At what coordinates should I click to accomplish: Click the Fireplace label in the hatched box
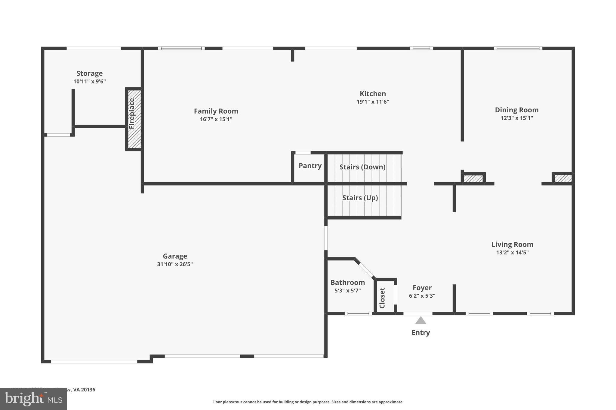(x=132, y=114)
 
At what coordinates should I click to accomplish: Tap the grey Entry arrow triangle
(x=420, y=320)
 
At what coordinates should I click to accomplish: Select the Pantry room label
(x=310, y=166)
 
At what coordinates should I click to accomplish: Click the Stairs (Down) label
(x=362, y=167)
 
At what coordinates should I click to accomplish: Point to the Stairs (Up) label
(x=360, y=198)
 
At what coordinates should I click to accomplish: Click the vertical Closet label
(x=382, y=298)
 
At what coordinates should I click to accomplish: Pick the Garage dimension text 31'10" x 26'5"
(x=175, y=264)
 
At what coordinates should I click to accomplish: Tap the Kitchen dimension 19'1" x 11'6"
(x=373, y=102)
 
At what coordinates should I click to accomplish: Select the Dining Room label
(x=516, y=110)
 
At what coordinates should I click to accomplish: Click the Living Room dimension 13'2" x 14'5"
(x=512, y=253)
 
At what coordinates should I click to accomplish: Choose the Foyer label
(x=422, y=288)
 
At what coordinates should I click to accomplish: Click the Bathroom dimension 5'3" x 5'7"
(x=347, y=290)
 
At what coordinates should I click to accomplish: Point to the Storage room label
(x=89, y=73)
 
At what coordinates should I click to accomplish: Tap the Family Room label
(x=216, y=111)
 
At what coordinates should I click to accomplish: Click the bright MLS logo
(x=33, y=399)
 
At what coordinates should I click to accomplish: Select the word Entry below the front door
(x=420, y=333)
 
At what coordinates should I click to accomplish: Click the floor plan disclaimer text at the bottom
(x=308, y=402)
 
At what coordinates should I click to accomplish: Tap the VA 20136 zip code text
(x=84, y=390)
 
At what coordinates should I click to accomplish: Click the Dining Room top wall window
(x=518, y=48)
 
